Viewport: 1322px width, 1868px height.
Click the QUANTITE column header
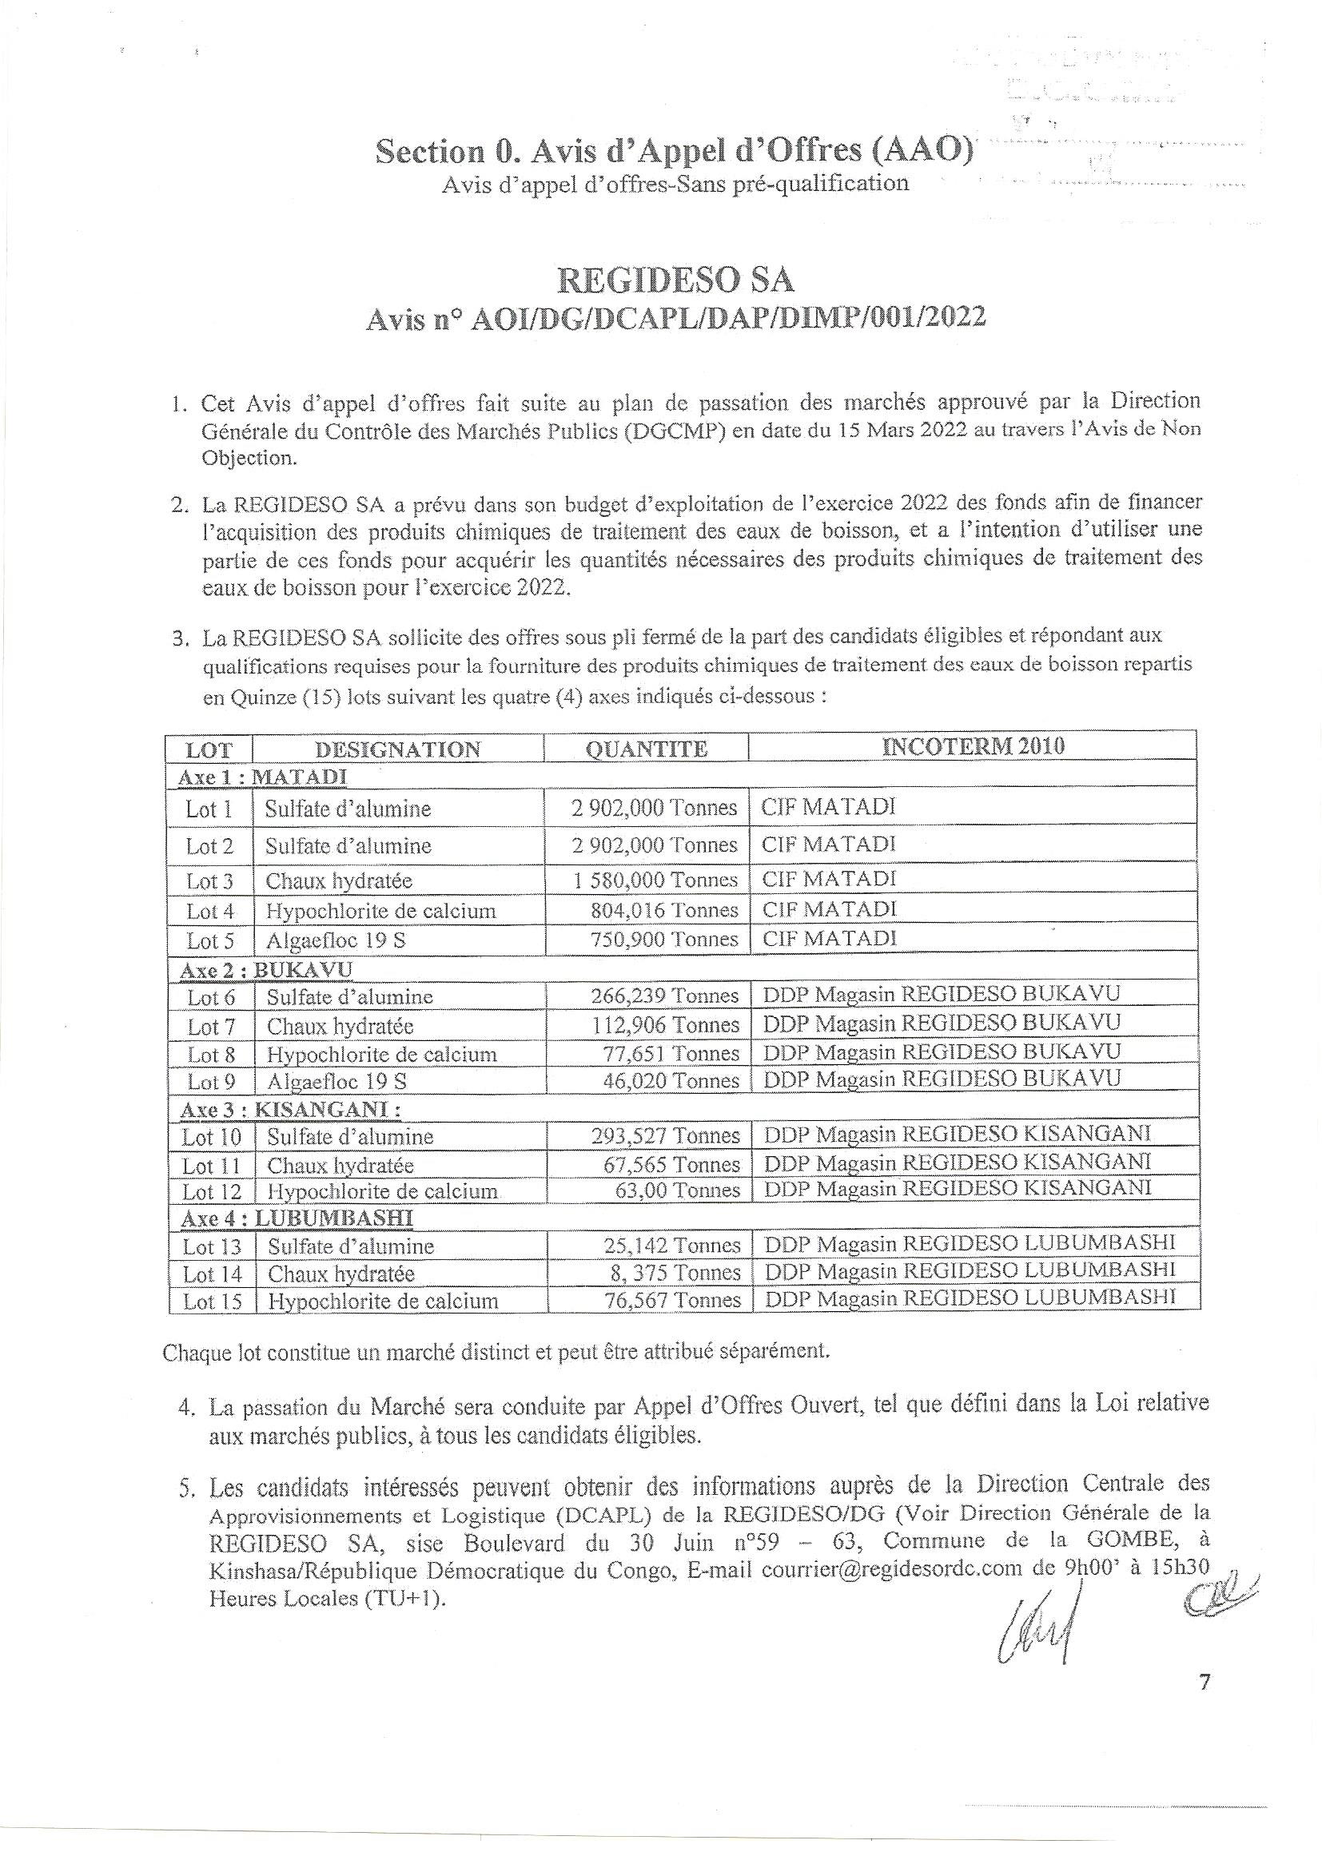click(x=647, y=749)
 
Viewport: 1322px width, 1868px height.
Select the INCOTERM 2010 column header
click(x=974, y=747)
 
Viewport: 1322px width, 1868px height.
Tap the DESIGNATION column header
click(x=398, y=749)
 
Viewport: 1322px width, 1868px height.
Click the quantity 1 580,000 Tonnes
click(x=655, y=880)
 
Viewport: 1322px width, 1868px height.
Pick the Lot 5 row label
click(x=211, y=941)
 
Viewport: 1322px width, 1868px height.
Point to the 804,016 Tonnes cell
click(x=664, y=910)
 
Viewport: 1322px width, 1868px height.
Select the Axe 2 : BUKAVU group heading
click(x=265, y=971)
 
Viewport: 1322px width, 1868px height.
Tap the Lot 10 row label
click(x=212, y=1138)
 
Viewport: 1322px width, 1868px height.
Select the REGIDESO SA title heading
click(x=675, y=280)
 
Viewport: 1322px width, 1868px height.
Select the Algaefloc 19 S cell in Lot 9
click(x=337, y=1082)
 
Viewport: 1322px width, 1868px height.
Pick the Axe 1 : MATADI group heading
click(x=262, y=777)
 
